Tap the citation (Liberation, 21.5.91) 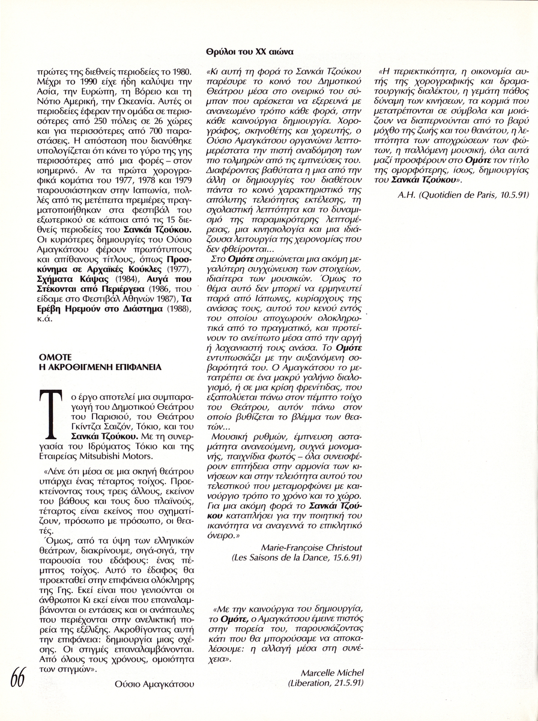point(325,683)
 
